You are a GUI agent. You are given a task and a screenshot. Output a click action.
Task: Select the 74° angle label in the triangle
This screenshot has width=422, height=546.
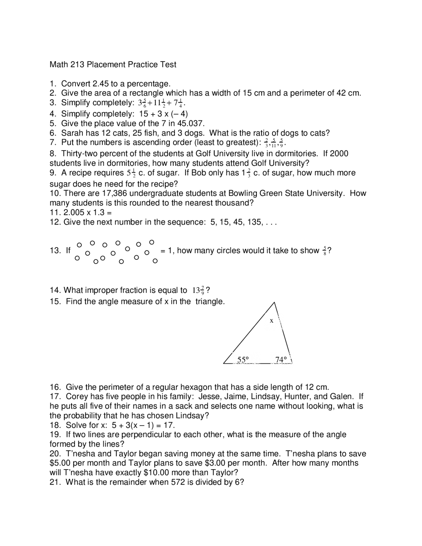281,359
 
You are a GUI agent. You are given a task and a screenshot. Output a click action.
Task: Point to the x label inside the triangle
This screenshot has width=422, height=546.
271,320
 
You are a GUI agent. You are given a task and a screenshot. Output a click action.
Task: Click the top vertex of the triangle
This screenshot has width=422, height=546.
274,302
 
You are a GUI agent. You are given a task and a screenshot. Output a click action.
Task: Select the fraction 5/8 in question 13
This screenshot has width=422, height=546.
325,251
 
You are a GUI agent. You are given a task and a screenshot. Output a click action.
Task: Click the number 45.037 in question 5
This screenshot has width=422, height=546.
191,124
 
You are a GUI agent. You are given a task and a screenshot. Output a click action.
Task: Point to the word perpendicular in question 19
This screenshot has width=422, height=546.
147,435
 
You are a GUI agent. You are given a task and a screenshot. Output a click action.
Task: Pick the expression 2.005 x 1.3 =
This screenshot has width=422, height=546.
87,213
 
